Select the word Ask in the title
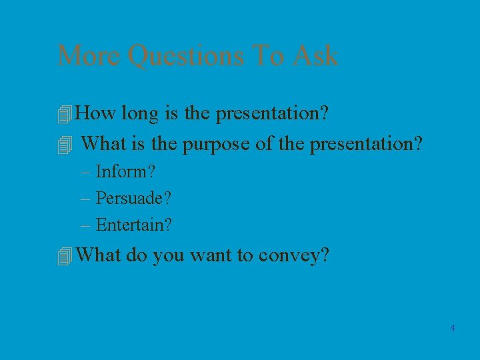tap(314, 55)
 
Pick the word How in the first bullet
tap(97, 113)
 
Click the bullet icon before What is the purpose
tap(64, 145)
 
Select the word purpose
tap(218, 144)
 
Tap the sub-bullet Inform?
tap(126, 171)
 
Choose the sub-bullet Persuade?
tap(134, 198)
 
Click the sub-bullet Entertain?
tap(134, 225)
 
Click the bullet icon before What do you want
tap(64, 257)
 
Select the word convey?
tap(294, 256)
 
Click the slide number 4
tap(453, 328)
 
